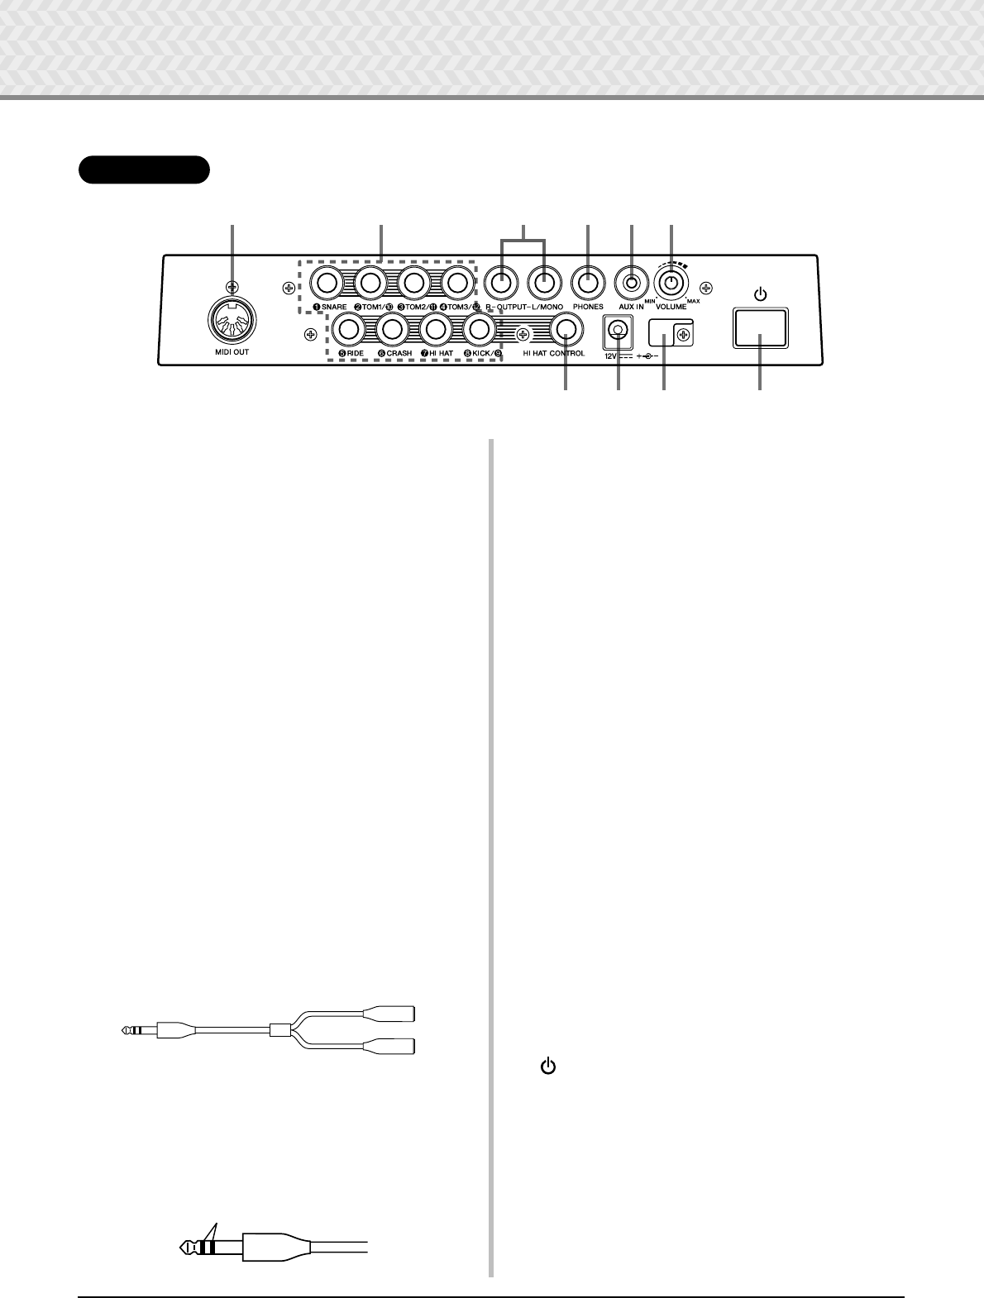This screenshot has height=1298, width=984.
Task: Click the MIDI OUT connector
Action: click(232, 320)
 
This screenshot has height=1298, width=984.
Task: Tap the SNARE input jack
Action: click(327, 284)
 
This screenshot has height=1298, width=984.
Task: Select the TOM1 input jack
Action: click(370, 284)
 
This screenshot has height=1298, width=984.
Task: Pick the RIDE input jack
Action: click(349, 329)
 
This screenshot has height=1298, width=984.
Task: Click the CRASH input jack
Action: click(392, 329)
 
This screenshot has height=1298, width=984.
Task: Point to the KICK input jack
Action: click(478, 329)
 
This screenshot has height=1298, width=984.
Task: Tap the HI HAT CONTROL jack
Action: click(566, 329)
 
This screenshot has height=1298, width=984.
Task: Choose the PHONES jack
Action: click(588, 283)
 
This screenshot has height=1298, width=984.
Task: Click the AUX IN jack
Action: click(632, 283)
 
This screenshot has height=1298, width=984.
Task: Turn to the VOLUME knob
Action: click(672, 283)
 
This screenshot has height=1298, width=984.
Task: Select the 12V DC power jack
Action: click(616, 330)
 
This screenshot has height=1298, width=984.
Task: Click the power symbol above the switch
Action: click(760, 293)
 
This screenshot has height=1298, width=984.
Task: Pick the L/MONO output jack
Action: click(543, 283)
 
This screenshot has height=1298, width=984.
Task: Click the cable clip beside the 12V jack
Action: click(671, 333)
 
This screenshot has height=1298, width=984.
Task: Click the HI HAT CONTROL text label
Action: click(553, 354)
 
